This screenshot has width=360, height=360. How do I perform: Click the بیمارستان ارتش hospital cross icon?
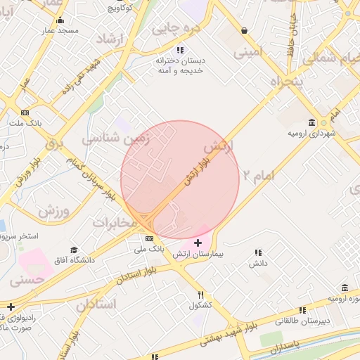(198, 243)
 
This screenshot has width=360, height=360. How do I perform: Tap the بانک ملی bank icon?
(148, 239)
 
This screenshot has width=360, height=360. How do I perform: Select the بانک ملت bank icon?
(25, 112)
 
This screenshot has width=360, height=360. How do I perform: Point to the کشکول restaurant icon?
(200, 295)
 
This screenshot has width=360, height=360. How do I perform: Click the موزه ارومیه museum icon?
(345, 288)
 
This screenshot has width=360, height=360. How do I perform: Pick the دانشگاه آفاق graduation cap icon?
(74, 250)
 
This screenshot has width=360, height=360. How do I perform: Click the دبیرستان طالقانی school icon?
(302, 310)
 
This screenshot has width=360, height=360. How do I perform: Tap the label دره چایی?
(176, 29)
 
